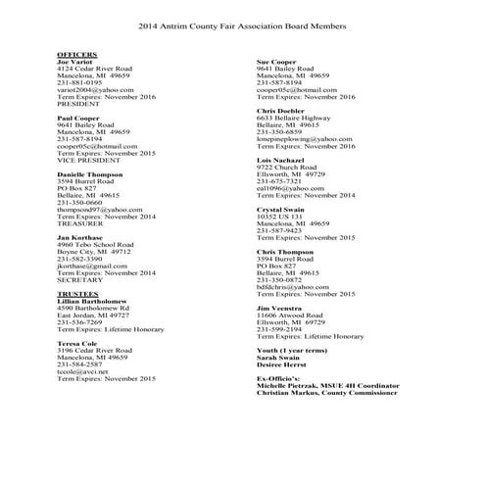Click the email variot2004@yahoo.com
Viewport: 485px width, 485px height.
94,89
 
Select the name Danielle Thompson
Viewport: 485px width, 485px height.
90,173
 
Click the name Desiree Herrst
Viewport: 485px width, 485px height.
282,364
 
